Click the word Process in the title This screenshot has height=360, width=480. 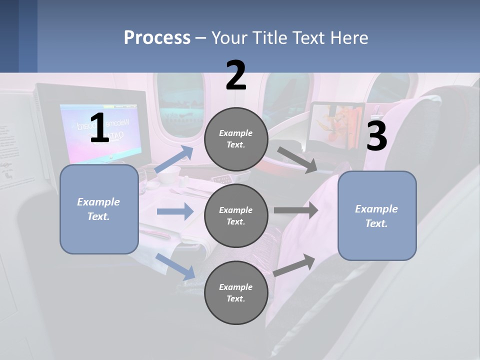157,38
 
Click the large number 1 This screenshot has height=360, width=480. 99,128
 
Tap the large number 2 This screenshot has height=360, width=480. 236,75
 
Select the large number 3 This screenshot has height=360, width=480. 376,136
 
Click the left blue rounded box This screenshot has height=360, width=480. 99,209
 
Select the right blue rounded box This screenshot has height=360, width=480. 377,215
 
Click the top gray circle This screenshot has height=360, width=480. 236,139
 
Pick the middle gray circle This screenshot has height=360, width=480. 236,215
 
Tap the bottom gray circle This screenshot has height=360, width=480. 236,292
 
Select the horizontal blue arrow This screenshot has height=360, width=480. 175,211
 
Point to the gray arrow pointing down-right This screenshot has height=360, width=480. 297,159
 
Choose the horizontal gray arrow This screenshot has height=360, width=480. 296,210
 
